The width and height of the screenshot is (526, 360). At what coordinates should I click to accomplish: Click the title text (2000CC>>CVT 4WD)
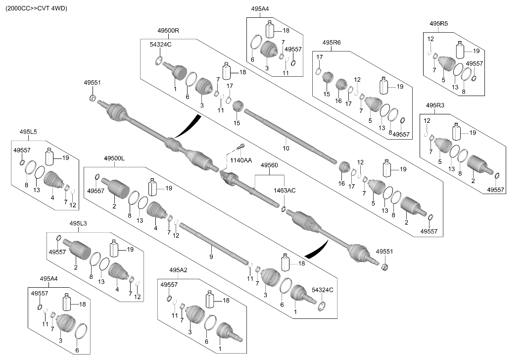point(36,8)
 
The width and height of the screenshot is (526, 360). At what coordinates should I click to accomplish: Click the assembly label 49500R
point(168,31)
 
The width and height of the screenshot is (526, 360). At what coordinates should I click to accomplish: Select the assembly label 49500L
point(114,158)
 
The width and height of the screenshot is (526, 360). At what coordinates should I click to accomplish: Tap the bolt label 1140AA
point(241,160)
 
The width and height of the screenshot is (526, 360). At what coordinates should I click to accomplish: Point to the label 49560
point(269,165)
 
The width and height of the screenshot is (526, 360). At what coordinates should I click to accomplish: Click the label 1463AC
point(285,191)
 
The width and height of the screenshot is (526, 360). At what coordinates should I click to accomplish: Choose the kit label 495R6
point(332,43)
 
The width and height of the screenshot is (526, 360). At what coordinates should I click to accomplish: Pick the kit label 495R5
point(438,24)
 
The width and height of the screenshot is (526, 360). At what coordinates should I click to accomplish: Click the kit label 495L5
point(28,132)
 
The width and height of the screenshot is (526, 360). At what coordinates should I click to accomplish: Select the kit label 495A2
point(178,270)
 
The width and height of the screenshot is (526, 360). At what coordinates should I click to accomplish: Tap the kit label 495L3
point(78,223)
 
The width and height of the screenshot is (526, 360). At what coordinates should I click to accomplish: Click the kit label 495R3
point(435,105)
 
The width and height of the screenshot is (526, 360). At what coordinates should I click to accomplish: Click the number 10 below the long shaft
point(286,148)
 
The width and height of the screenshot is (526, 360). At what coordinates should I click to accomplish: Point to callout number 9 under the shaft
point(211,257)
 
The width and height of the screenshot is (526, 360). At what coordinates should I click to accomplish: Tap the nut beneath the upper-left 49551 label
point(93,99)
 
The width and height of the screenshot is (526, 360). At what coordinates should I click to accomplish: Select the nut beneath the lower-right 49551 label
point(385,267)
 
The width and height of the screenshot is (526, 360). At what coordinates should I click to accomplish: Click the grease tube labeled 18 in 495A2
point(210,299)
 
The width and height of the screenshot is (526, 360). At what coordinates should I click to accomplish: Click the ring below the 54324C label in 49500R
point(159,61)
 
